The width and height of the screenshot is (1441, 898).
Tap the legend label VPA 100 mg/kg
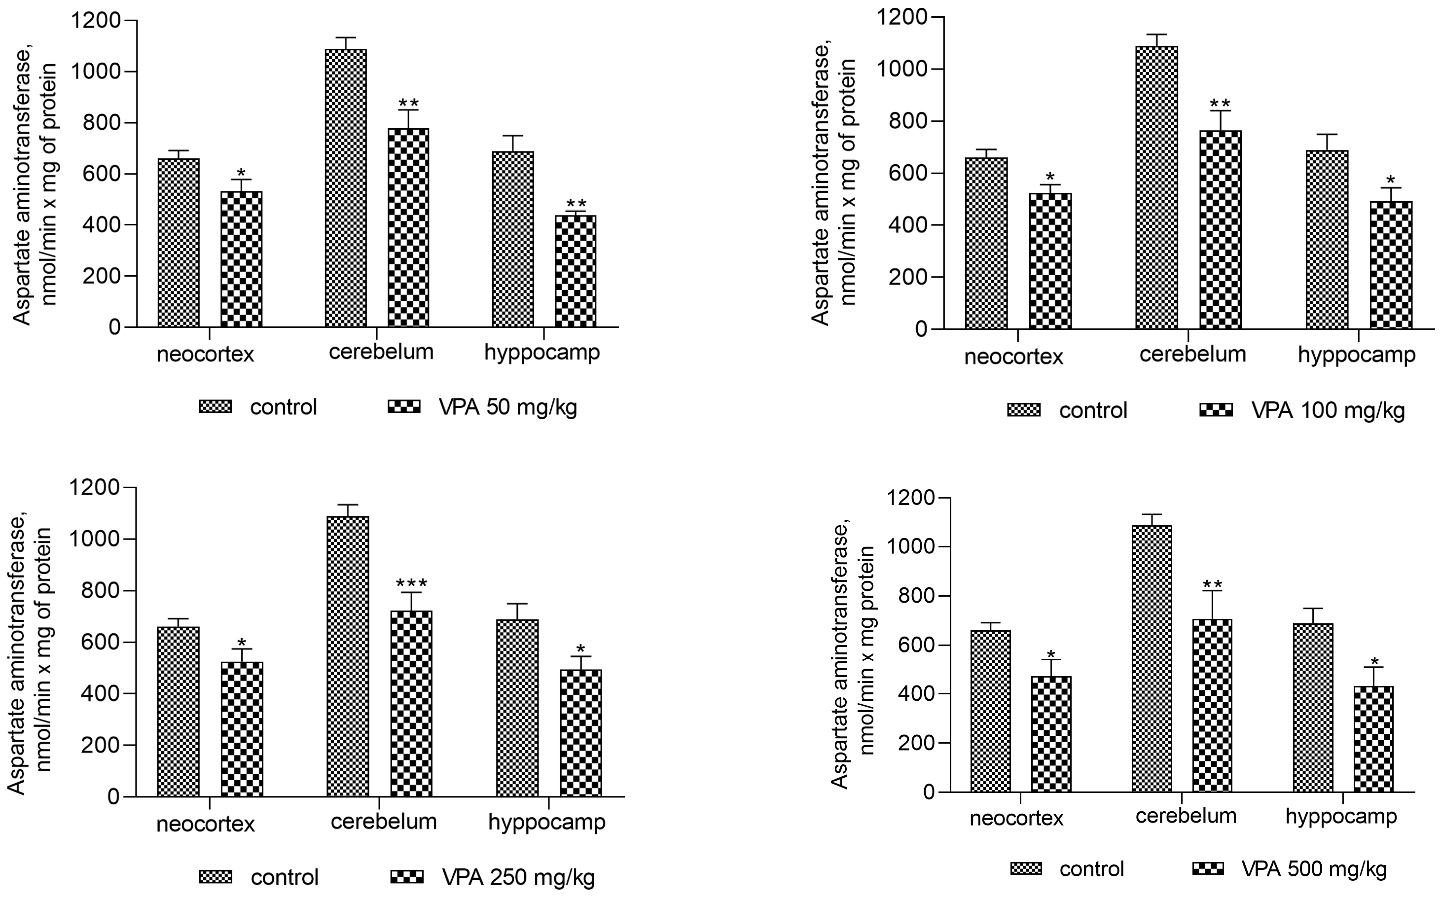tap(1328, 410)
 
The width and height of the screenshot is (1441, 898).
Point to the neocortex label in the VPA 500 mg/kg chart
tap(1016, 819)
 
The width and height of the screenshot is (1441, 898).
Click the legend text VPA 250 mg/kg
tap(518, 877)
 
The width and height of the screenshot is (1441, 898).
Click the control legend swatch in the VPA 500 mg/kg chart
tap(1026, 869)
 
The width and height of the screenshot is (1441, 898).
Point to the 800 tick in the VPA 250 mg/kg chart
tap(99, 591)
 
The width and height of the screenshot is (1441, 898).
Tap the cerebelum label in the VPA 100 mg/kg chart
tap(1192, 354)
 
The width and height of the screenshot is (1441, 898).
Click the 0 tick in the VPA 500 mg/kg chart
tap(929, 792)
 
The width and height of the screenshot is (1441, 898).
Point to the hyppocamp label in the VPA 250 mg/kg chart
tap(546, 822)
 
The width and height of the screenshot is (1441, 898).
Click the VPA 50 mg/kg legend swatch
tap(404, 407)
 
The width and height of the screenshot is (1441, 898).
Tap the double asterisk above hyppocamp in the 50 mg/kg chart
tap(576, 203)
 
